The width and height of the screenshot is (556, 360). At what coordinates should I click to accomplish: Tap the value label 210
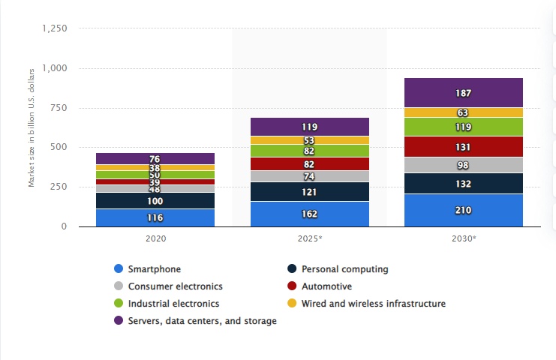point(463,211)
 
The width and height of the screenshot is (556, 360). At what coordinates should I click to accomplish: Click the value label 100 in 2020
point(155,201)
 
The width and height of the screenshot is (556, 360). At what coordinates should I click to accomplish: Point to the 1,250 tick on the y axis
point(53,28)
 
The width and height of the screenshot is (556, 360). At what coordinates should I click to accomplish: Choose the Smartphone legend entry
point(154,268)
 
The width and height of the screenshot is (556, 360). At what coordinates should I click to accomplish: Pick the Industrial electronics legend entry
point(173,304)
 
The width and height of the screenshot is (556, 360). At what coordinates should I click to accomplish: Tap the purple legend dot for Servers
point(117,321)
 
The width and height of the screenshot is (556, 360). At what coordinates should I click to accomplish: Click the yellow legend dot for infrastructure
point(290,304)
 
